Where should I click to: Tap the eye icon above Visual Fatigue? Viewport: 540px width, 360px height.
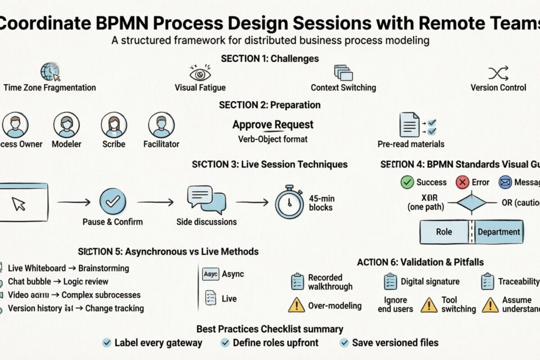point(200,72)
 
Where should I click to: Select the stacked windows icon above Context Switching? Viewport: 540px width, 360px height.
point(343,72)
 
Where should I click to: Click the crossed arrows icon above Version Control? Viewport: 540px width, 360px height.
point(498,72)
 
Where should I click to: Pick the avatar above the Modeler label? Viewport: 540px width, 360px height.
point(67,125)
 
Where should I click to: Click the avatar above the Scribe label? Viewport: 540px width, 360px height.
point(114,125)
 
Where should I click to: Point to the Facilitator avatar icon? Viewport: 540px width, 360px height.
point(161,125)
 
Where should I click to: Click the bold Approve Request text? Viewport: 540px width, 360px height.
point(273,125)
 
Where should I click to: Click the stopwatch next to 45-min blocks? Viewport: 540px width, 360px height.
point(289,202)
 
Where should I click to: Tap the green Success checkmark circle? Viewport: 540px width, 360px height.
point(407,182)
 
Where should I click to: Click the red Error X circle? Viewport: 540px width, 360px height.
point(462,182)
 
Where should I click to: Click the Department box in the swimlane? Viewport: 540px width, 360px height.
point(499,232)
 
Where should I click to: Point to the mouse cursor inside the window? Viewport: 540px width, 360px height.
point(19,203)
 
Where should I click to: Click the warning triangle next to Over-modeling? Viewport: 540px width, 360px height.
point(296,306)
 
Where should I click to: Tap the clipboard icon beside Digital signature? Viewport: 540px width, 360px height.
point(390,282)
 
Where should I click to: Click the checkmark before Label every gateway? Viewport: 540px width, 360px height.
point(107,343)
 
